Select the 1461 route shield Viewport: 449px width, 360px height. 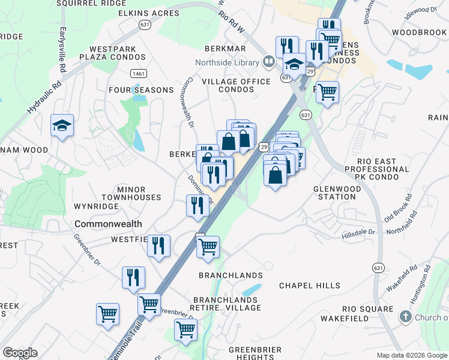click(x=139, y=73)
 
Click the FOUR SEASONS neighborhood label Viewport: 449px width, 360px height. click(x=141, y=90)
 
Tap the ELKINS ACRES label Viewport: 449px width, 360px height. click(x=146, y=13)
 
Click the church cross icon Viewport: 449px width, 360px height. click(x=406, y=316)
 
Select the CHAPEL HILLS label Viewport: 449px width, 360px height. click(x=310, y=286)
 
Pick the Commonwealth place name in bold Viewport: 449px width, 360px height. click(x=108, y=224)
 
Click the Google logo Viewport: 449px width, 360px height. click(x=20, y=352)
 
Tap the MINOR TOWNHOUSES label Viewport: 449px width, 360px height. click(x=131, y=193)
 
